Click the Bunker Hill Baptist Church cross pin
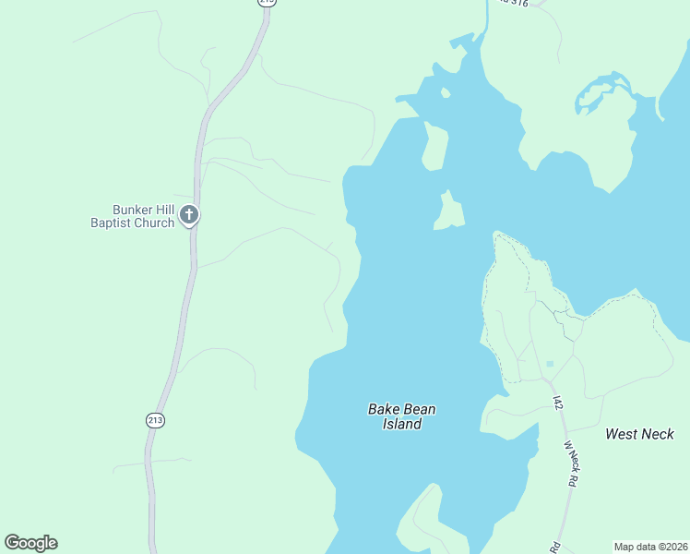(189, 215)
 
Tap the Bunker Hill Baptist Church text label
(132, 216)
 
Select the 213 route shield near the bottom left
(154, 420)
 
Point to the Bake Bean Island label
(402, 416)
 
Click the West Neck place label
(639, 434)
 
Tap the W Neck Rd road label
(572, 464)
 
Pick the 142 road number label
(558, 403)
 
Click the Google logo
(30, 543)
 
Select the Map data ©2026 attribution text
(651, 546)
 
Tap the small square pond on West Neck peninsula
(550, 364)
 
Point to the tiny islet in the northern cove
(446, 92)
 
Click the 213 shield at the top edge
(267, 3)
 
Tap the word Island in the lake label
(402, 425)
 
